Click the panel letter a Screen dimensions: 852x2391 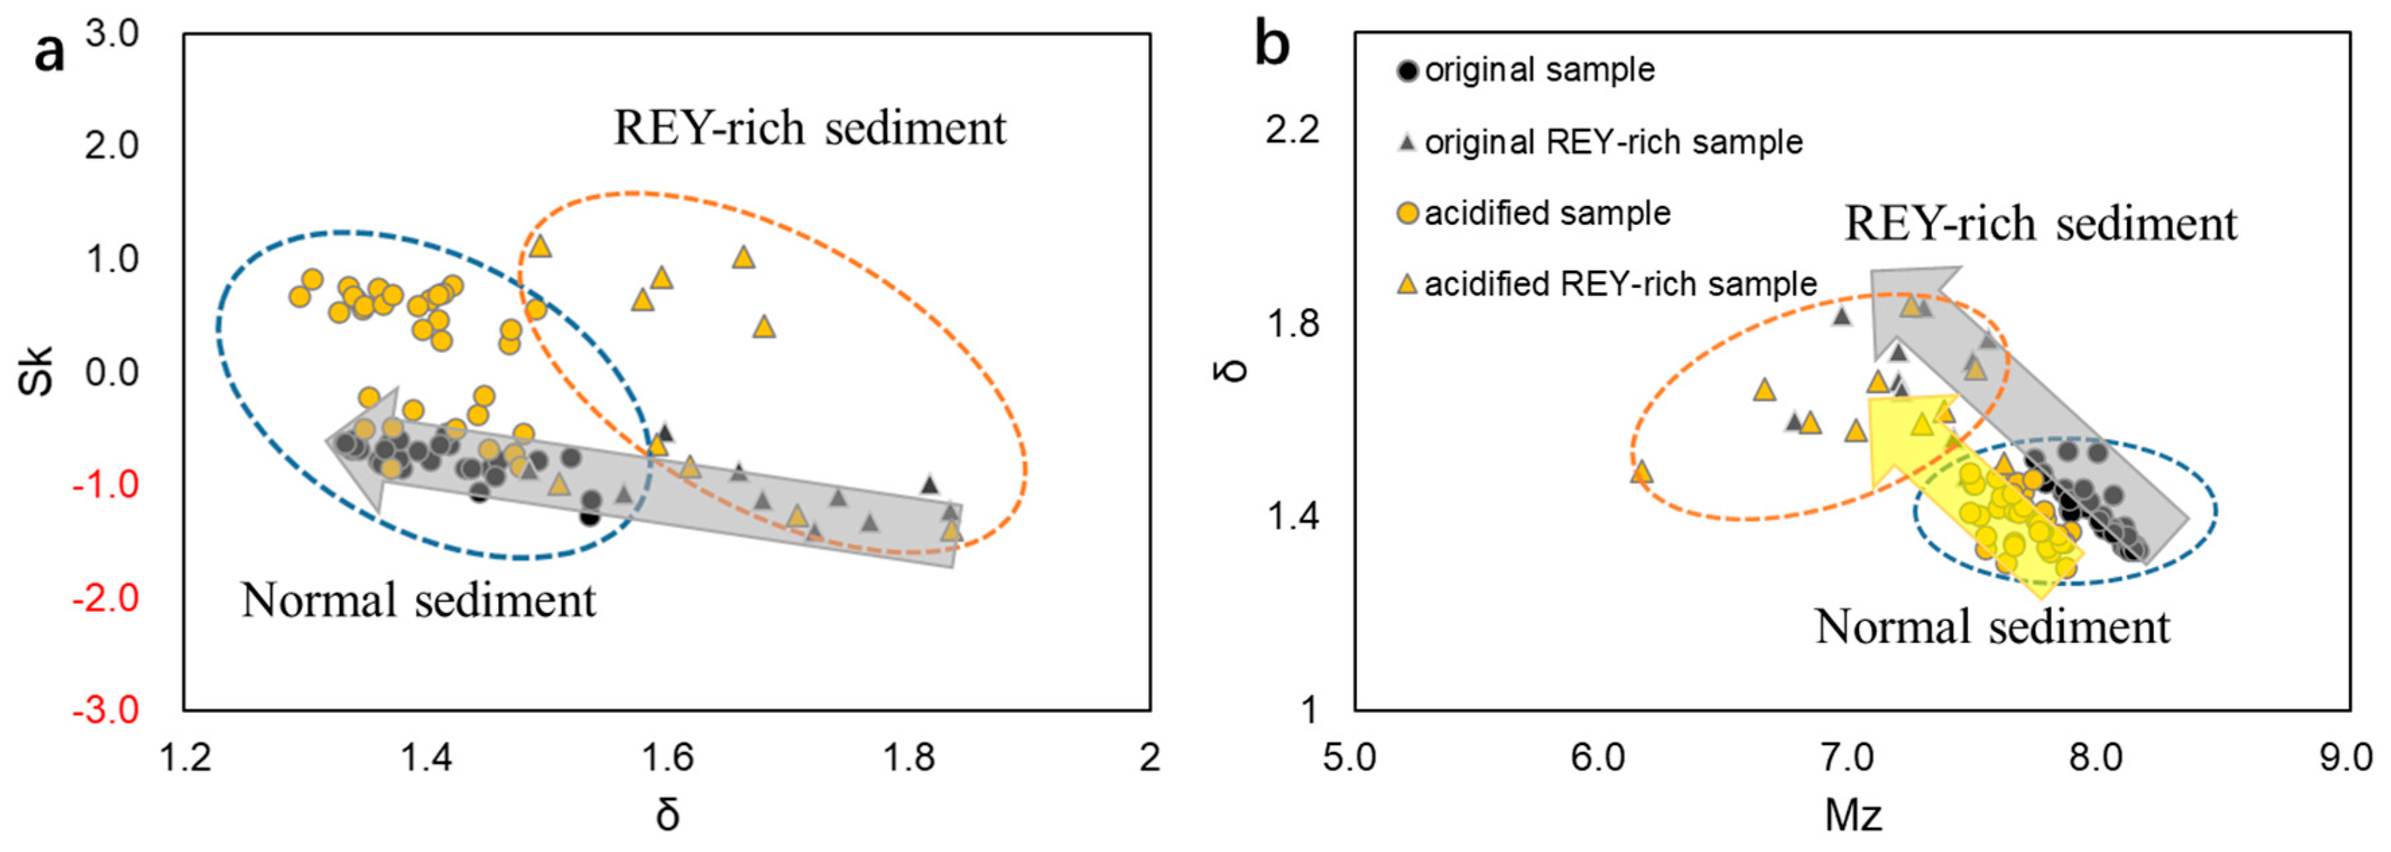pos(49,53)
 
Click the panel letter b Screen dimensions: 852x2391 pos(1272,44)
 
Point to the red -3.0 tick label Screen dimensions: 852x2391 pos(105,711)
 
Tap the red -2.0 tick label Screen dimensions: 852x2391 pos(105,598)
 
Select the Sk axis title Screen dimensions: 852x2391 pos(37,371)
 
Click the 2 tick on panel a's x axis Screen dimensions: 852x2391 pos(1149,758)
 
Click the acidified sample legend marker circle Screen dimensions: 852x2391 pos(1408,213)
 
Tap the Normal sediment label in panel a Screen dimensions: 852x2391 pos(419,600)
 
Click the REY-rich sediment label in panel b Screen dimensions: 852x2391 pos(2040,225)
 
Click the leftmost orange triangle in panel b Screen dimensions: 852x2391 pos(1641,472)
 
